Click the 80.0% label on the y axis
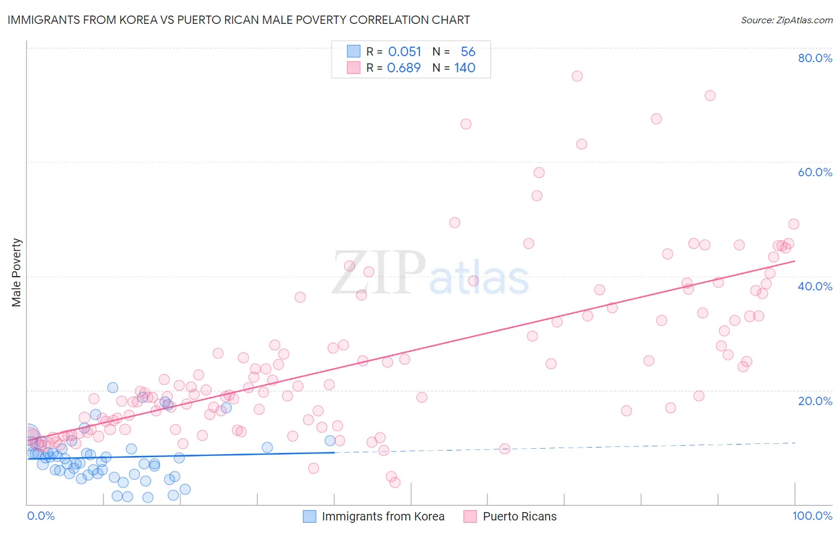point(815,58)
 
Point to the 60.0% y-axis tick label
point(815,172)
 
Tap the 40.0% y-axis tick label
point(815,286)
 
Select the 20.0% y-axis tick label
point(815,401)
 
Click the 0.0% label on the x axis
point(41,516)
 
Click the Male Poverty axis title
point(17,272)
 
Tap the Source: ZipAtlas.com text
point(786,20)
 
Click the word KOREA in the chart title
point(131,20)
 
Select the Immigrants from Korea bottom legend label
point(383,516)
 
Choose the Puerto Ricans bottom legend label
point(520,516)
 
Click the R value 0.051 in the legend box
point(404,52)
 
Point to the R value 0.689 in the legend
point(404,68)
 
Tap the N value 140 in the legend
point(465,68)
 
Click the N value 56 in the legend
point(468,52)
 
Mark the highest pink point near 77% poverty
point(577,76)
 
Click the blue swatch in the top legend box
point(354,51)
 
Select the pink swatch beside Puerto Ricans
point(470,516)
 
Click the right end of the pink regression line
point(795,261)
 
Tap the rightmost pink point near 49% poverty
point(793,224)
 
